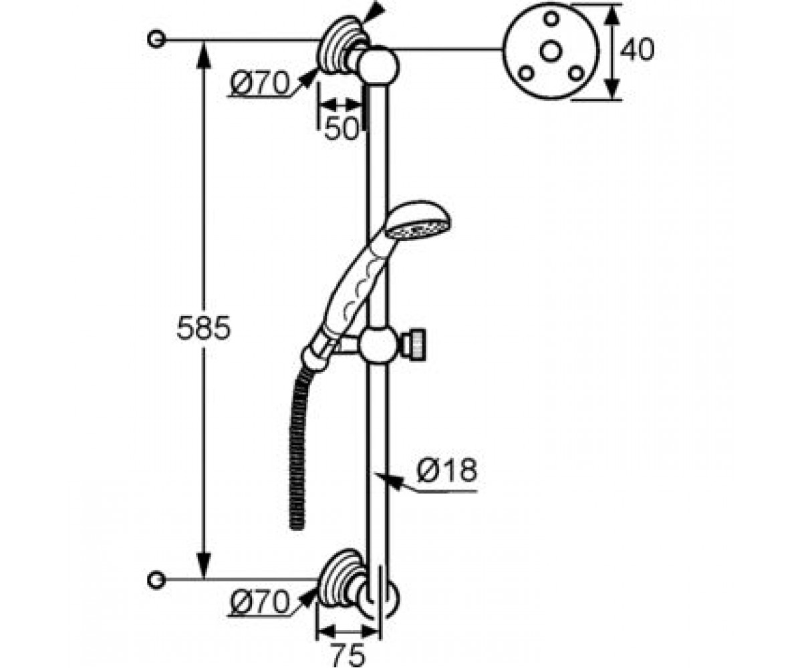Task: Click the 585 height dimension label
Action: tap(204, 328)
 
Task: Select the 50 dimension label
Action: tap(342, 128)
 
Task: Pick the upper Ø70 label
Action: tap(260, 83)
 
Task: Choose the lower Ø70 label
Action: tap(260, 602)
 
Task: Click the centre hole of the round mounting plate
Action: tap(551, 52)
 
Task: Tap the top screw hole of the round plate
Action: tap(551, 19)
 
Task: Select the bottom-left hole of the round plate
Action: tap(527, 73)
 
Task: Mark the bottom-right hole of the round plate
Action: tap(575, 73)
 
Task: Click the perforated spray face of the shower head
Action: tap(417, 230)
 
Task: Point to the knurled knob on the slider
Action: tap(418, 344)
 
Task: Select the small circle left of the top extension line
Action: tap(156, 39)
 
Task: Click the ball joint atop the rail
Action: tap(379, 65)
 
